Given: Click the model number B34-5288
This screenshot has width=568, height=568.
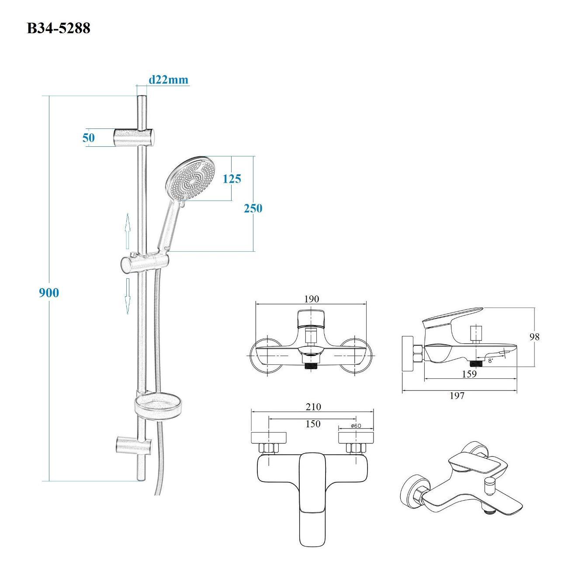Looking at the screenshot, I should coord(59,28).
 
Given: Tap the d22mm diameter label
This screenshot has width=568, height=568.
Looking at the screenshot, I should coord(168,80).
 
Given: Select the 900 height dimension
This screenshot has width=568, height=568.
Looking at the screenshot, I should coord(49,293).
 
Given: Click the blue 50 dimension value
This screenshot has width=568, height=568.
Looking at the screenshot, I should coord(88,138).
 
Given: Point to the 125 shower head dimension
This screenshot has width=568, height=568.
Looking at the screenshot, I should coord(232,179).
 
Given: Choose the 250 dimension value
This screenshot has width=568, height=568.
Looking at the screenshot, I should coord(253,208).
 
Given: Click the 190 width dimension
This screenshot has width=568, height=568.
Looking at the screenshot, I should coord(311,299).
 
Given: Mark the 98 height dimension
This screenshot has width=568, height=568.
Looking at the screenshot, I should coord(534,337).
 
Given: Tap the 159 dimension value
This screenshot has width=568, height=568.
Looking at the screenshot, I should coord(469,374).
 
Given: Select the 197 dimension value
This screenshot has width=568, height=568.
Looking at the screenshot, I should coord(457,395).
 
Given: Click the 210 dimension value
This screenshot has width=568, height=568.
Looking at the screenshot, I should coord(313,407).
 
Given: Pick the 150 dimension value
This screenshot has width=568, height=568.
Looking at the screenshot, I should coord(313,424).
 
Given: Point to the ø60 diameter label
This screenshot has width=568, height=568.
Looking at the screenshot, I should coord(356,426).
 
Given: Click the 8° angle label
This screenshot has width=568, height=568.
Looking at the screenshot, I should coord(491,361).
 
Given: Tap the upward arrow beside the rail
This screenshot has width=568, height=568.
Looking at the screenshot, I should coord(128,231).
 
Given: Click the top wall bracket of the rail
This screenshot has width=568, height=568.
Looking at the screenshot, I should coord(135,137).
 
